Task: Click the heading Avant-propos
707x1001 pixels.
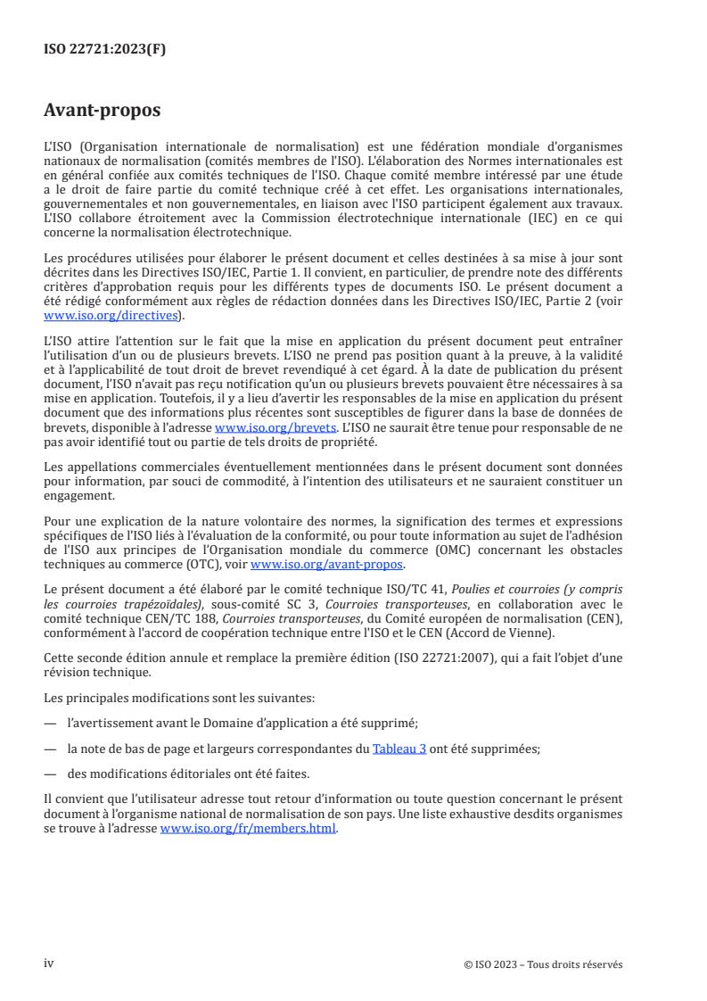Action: [103, 111]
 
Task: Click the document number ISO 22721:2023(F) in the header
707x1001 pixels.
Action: [104, 50]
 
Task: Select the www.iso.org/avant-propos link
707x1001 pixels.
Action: [327, 565]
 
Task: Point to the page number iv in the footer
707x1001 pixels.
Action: [49, 964]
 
